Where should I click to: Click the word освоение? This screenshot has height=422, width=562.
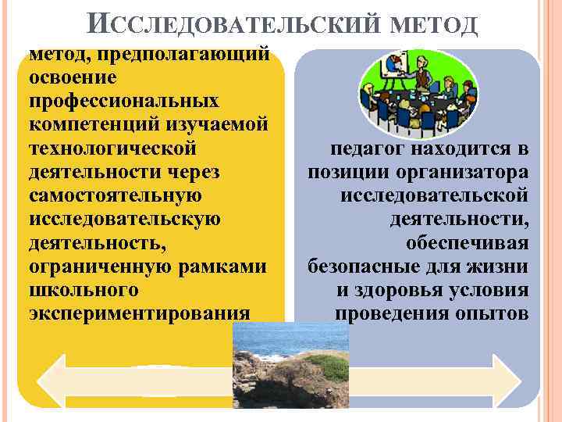click(x=73, y=78)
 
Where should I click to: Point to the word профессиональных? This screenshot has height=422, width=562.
click(x=124, y=102)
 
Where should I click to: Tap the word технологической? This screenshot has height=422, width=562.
click(x=112, y=148)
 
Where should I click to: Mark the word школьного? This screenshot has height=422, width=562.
click(x=84, y=289)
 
